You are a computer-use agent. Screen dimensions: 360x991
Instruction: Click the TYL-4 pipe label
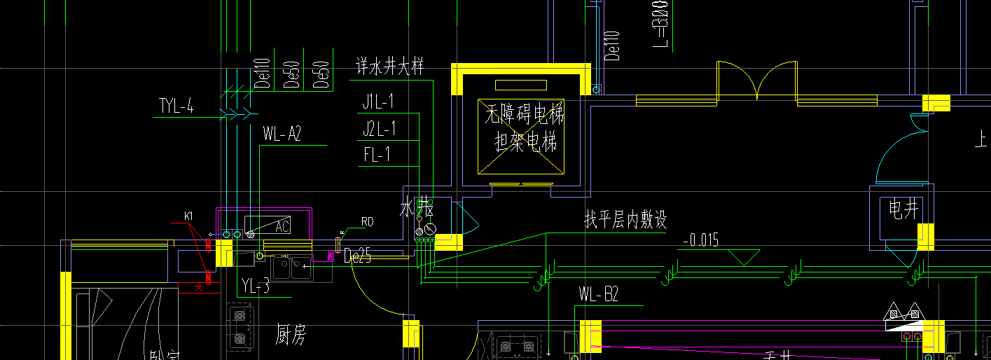coord(176,107)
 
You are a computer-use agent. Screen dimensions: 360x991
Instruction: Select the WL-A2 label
coord(282,134)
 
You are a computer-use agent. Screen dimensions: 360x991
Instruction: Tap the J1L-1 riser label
coord(378,102)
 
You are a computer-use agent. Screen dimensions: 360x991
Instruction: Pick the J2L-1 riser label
coord(379,129)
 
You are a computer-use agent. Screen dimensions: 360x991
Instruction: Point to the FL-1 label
coord(377,155)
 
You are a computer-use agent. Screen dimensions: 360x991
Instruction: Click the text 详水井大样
coord(389,68)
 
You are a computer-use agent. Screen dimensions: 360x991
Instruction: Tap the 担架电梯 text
coord(525,142)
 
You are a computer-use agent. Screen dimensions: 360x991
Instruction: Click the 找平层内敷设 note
coord(625,221)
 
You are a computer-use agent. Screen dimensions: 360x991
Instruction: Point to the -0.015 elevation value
coord(700,240)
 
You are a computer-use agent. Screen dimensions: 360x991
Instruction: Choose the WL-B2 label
coord(599,294)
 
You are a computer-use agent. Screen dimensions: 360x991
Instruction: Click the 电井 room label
coord(902,209)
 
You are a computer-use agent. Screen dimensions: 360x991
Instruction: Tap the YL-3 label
coord(255,286)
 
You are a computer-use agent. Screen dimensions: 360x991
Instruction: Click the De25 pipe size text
coord(358,257)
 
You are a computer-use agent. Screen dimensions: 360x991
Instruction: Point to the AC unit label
coord(282,226)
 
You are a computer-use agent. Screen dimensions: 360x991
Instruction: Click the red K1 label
coord(188,215)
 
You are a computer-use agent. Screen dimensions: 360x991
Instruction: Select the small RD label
coord(367,222)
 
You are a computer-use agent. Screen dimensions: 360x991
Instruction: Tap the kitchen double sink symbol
coord(292,266)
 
